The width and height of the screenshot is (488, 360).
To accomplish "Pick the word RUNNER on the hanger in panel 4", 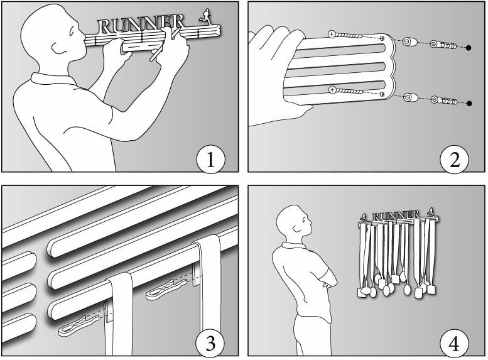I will coord(396,217).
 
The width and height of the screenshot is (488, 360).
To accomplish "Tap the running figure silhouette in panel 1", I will coord(205,16).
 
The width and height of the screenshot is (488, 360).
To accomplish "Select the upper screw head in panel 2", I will coord(332,33).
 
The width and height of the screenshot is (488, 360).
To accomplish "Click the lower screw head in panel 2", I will coord(332,90).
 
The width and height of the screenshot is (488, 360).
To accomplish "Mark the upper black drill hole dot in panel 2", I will coord(469,48).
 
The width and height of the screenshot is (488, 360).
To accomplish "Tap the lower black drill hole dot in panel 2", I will coord(469,103).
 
